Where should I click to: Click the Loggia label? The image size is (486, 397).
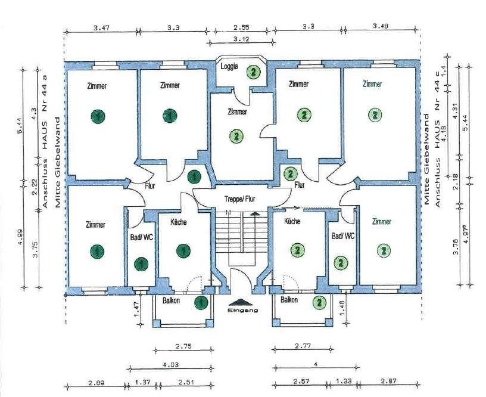(x=229, y=66)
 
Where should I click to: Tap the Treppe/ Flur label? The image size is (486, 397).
(x=240, y=199)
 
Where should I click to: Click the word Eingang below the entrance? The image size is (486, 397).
(x=242, y=310)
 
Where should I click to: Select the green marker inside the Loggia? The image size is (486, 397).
(x=254, y=72)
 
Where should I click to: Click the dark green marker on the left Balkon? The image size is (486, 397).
(x=201, y=302)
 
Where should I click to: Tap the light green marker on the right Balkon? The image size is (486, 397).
(x=319, y=302)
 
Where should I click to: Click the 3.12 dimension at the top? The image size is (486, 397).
(x=241, y=39)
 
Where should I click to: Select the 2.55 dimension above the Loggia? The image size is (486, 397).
(x=241, y=27)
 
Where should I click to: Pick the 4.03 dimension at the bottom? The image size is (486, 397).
(x=170, y=365)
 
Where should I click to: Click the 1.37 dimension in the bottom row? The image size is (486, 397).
(x=142, y=382)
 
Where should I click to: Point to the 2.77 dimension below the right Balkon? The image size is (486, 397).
(x=303, y=346)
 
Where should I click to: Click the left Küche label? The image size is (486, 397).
(x=179, y=222)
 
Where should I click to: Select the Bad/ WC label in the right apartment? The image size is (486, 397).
(x=343, y=236)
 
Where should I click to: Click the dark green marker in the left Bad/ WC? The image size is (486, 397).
(x=141, y=264)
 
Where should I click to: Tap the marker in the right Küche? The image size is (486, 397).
(x=298, y=250)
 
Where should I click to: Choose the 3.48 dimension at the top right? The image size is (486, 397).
(x=381, y=26)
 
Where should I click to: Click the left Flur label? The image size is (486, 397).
(x=149, y=186)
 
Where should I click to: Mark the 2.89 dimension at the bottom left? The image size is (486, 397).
(x=96, y=382)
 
